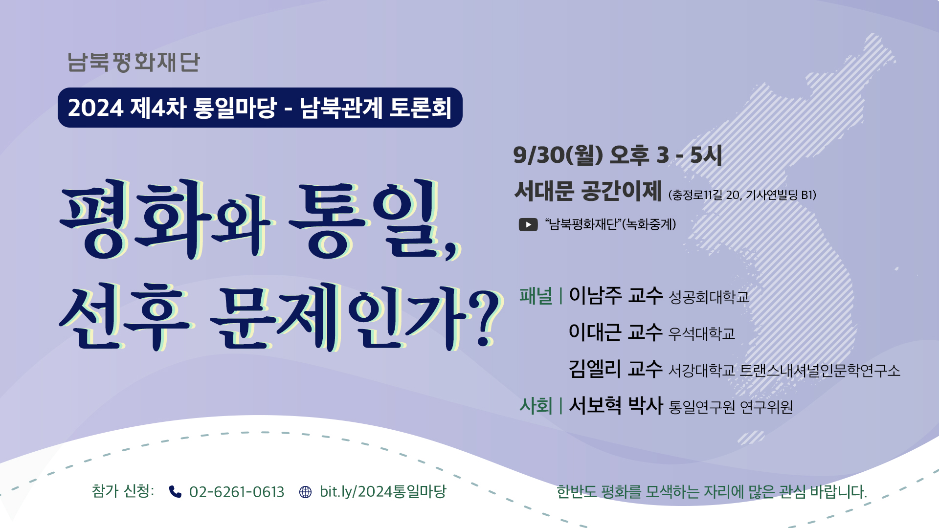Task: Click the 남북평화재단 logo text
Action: [x=134, y=62]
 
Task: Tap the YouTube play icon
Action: [x=528, y=224]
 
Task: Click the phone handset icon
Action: [x=175, y=491]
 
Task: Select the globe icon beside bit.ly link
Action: [x=305, y=492]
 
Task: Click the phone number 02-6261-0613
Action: [x=237, y=492]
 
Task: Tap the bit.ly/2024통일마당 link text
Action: [x=383, y=491]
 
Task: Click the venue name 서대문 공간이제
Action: [x=588, y=191]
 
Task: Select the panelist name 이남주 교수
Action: [x=616, y=295]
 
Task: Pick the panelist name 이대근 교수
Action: [x=616, y=332]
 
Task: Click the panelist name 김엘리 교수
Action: [x=616, y=369]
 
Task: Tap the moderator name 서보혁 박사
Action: [x=616, y=405]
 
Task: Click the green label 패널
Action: [x=536, y=296]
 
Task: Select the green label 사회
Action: [x=536, y=406]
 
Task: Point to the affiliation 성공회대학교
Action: [x=709, y=297]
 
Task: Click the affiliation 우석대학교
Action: [x=702, y=333]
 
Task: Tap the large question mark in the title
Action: [x=485, y=318]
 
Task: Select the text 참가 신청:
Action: [x=123, y=491]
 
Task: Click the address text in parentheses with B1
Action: [x=742, y=195]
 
